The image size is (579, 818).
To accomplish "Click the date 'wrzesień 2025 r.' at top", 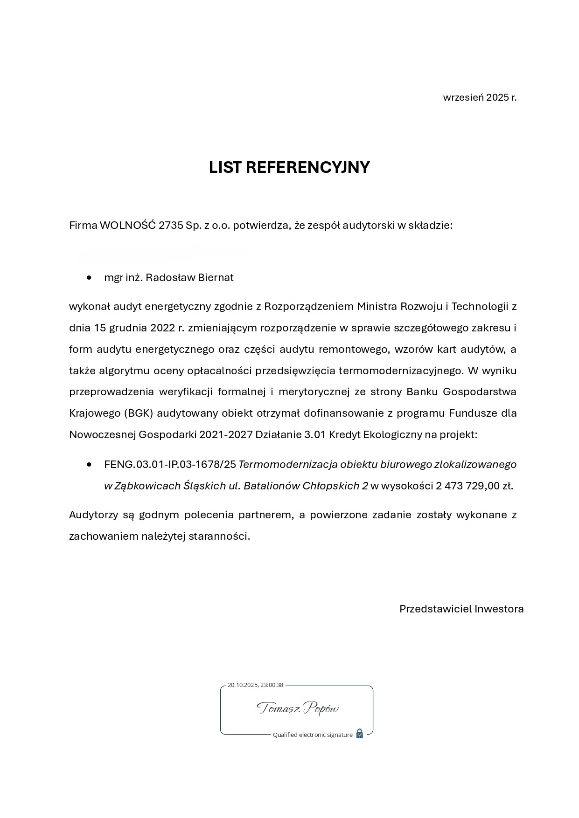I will (480, 97).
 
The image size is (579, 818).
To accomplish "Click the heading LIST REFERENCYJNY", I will (289, 167).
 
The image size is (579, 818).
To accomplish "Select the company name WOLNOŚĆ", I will (128, 226).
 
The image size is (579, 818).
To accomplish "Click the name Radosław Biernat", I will (190, 278).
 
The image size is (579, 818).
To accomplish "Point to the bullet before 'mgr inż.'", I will (89, 278).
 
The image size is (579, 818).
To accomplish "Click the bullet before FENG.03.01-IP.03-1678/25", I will (89, 465).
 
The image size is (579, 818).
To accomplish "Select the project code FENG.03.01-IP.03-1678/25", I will (170, 465).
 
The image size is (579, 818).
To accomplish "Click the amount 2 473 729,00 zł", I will (474, 486).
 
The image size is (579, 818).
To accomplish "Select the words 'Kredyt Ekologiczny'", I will (375, 435).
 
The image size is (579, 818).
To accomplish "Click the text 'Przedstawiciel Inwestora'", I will (461, 609).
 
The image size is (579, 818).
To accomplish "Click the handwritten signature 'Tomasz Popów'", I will (297, 709).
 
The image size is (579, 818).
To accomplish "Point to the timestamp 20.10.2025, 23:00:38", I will (255, 685).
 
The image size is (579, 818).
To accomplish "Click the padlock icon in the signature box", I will (359, 734).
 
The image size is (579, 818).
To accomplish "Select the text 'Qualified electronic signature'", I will (313, 735).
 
